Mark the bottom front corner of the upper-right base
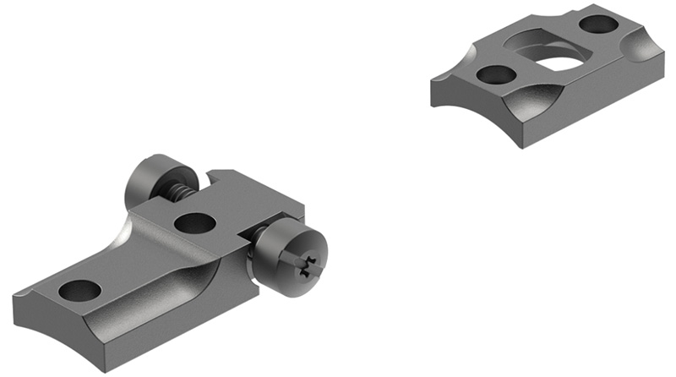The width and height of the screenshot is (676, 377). point(521,145)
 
